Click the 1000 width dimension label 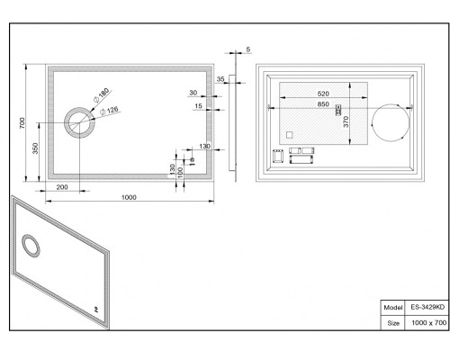pyautogui.click(x=129, y=197)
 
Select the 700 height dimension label pyautogui.click(x=22, y=123)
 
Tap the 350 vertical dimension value pyautogui.click(x=35, y=148)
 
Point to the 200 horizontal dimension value pyautogui.click(x=62, y=187)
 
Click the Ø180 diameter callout pyautogui.click(x=102, y=95)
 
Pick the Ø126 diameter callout pyautogui.click(x=109, y=111)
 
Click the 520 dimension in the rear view pyautogui.click(x=323, y=94)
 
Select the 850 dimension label pyautogui.click(x=323, y=104)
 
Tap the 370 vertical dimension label pyautogui.click(x=346, y=121)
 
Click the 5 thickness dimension pyautogui.click(x=248, y=49)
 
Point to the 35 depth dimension pyautogui.click(x=220, y=79)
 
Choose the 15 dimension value pyautogui.click(x=198, y=106)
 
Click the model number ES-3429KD pyautogui.click(x=427, y=307)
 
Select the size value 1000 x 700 pyautogui.click(x=428, y=323)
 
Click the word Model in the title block pyautogui.click(x=392, y=308)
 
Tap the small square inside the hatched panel pyautogui.click(x=289, y=135)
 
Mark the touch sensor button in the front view pyautogui.click(x=192, y=160)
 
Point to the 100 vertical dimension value pyautogui.click(x=180, y=173)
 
